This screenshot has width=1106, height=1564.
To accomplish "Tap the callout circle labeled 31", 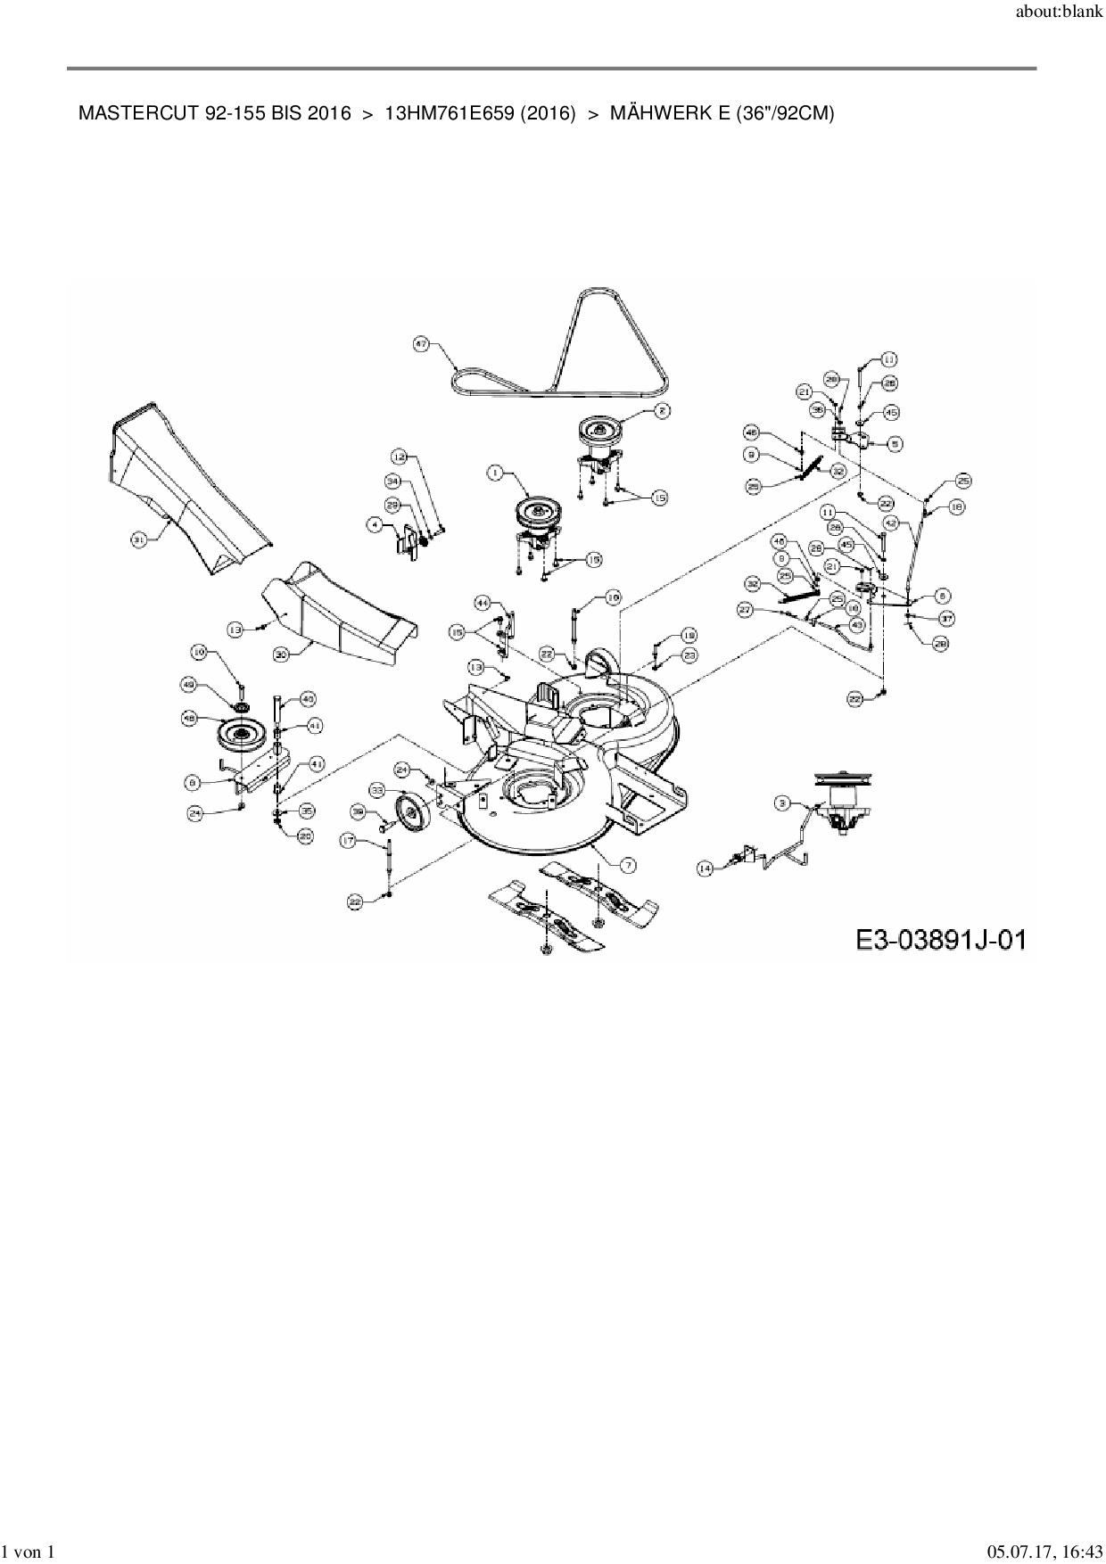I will pos(138,539).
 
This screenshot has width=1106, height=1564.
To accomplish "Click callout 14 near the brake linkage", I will pos(706,868).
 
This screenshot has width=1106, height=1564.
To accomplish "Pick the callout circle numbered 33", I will pos(378,790).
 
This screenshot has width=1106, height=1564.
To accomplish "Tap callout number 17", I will pos(348,840).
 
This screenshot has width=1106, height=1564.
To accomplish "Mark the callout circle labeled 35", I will pos(306,811).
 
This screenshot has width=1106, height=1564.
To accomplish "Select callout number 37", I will pos(946,618).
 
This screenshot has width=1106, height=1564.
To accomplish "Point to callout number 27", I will pos(745,609).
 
